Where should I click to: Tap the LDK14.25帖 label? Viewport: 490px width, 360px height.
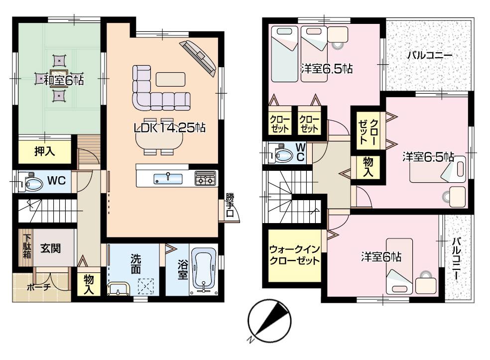tap(170, 128)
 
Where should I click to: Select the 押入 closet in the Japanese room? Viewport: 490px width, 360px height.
tap(45, 152)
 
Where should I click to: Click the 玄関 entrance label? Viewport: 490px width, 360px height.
tap(51, 247)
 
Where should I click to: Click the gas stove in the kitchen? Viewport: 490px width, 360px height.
tap(205, 178)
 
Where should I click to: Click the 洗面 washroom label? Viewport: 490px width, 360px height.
tap(136, 264)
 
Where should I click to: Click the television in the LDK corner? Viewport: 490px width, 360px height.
tap(199, 55)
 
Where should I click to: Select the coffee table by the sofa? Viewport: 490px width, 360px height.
tap(170, 79)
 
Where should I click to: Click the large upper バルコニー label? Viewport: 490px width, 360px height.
tap(429, 55)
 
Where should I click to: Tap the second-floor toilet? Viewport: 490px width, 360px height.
tap(281, 155)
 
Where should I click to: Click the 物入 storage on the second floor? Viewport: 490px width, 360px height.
tap(367, 167)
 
